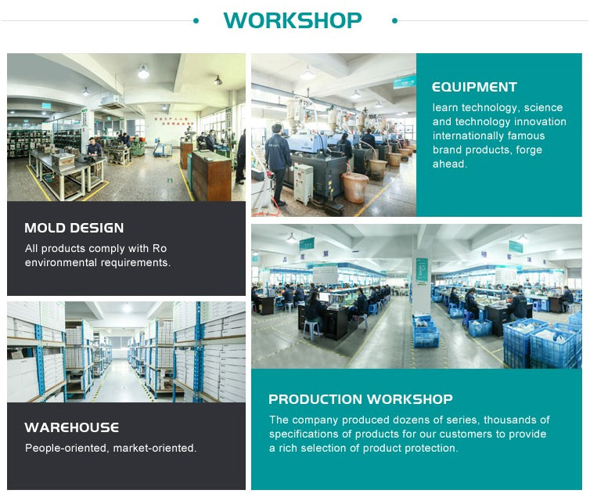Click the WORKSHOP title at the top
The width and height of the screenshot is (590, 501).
[x=293, y=20]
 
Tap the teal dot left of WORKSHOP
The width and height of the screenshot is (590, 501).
[x=196, y=21]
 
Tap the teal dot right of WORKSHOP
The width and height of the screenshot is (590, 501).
[x=394, y=21]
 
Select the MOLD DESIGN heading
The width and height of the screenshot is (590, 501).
[x=74, y=228]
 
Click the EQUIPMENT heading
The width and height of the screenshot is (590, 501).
[x=474, y=87]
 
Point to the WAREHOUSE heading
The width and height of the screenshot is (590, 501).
[x=72, y=427]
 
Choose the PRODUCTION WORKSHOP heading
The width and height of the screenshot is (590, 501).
[x=361, y=399]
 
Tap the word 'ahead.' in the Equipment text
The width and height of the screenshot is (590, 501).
[x=450, y=164]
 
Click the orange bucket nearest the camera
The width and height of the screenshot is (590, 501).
[x=354, y=187]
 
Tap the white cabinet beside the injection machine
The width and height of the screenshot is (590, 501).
[x=304, y=184]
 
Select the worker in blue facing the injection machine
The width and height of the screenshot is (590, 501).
[x=278, y=164]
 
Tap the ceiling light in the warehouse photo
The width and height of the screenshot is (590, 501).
[x=128, y=308]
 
